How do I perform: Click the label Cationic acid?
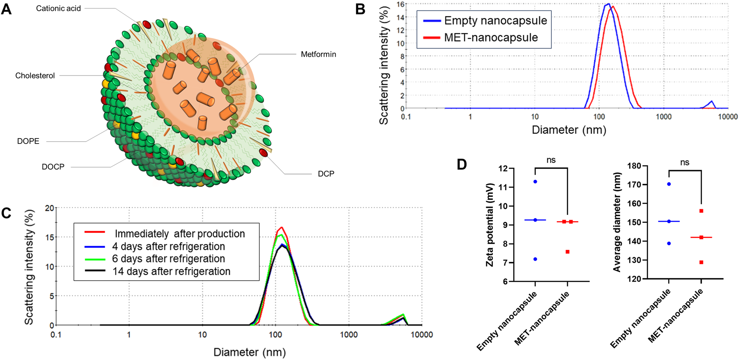58,8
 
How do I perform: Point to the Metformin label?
318,54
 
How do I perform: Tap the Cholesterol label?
35,76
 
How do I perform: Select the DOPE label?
28,141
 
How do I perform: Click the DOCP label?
53,166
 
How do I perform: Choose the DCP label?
326,174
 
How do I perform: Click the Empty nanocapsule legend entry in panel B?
495,20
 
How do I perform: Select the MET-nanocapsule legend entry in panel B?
490,38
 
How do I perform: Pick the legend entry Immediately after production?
179,234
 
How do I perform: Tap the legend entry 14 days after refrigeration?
171,272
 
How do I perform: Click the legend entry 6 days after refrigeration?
168,259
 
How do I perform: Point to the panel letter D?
462,164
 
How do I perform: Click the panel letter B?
360,9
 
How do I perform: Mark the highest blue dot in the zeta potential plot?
535,181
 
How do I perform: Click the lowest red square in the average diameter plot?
701,262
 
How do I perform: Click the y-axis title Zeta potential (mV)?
490,224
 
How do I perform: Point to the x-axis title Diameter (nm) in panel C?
249,352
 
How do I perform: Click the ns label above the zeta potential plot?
551,160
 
